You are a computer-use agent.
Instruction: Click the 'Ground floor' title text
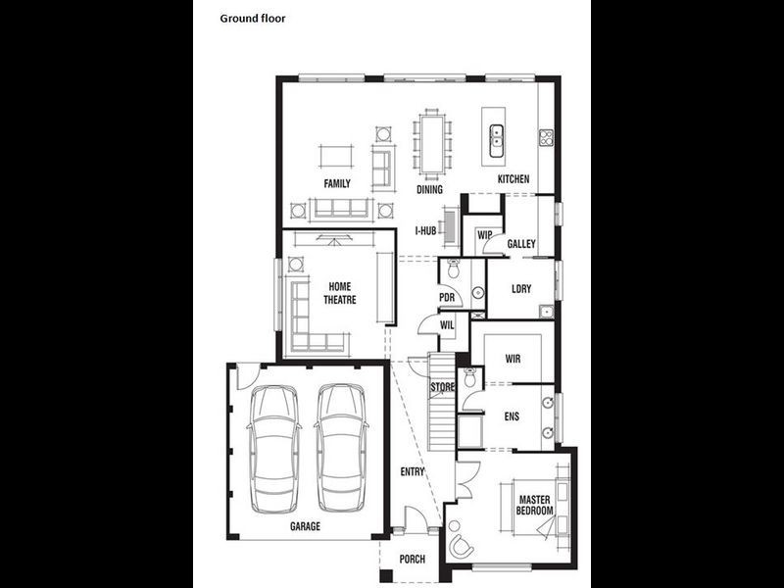[253, 18]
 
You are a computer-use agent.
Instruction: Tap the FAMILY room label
[337, 183]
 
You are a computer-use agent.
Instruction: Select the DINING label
[429, 189]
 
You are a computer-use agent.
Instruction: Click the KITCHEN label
[514, 179]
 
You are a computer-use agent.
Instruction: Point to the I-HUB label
[425, 231]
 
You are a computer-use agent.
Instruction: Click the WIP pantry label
[484, 235]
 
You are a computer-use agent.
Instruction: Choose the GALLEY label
[521, 244]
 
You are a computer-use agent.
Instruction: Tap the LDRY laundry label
[521, 289]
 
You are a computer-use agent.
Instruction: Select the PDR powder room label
[448, 298]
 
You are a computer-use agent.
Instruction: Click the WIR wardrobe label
[513, 359]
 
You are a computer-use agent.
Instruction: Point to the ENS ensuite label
[512, 416]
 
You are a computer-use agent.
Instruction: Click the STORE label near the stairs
[443, 388]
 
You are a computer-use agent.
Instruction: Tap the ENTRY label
[413, 472]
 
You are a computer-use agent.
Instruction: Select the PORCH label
[413, 560]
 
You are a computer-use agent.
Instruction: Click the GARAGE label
[305, 526]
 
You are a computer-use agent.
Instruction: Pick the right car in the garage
[342, 447]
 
